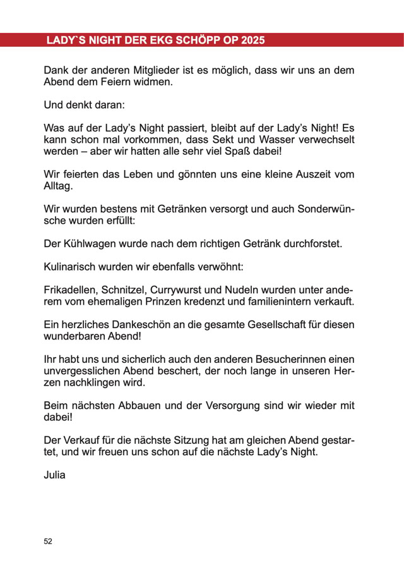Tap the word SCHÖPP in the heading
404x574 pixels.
point(193,40)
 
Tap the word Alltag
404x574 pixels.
point(59,186)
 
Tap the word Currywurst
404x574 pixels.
point(186,290)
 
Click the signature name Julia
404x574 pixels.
point(54,475)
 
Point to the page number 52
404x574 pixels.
point(48,542)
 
